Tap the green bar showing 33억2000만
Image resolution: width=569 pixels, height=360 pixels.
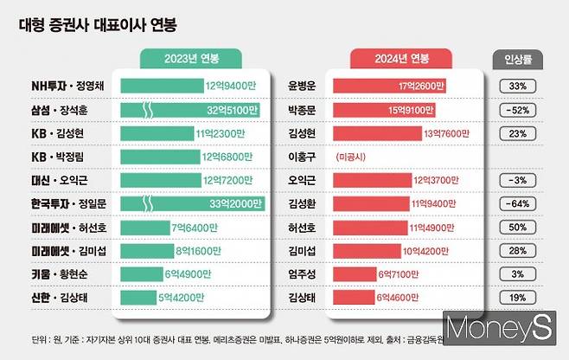[x=193, y=204]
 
